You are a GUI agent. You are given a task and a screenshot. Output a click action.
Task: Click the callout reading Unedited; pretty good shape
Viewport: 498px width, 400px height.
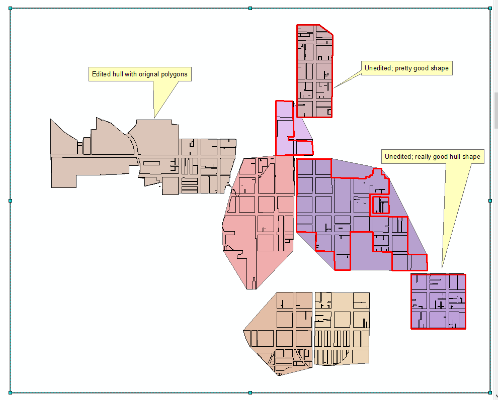[406, 68]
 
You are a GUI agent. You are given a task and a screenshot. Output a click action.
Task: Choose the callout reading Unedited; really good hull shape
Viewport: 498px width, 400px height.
[433, 157]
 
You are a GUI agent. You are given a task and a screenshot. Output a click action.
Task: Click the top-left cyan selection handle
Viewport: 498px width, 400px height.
[11, 9]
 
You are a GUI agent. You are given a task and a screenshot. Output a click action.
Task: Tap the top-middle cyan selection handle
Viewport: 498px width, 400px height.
[251, 8]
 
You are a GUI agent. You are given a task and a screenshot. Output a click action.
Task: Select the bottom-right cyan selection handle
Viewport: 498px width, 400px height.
[490, 392]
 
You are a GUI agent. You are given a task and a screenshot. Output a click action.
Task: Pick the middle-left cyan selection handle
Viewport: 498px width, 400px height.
[11, 201]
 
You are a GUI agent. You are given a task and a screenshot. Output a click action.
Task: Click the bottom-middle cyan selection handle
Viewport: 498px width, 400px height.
[251, 392]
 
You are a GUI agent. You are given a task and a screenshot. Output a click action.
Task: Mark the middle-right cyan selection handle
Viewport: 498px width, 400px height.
[490, 201]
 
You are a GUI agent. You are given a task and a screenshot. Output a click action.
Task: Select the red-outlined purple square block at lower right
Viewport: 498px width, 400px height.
[438, 302]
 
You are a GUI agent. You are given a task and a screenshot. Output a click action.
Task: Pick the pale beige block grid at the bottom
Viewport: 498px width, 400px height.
[342, 328]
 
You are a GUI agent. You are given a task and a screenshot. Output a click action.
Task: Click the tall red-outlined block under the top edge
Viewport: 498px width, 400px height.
[315, 71]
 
